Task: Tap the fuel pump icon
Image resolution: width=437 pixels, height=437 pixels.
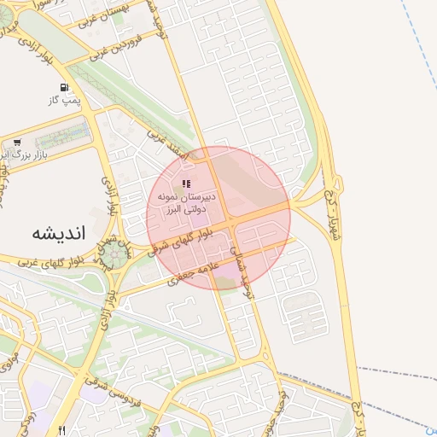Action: pyautogui.click(x=65, y=88)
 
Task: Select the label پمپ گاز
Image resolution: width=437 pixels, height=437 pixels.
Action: pyautogui.click(x=65, y=101)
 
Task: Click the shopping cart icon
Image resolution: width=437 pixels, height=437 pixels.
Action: pyautogui.click(x=17, y=143)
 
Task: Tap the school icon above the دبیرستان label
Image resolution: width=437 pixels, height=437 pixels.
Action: pyautogui.click(x=186, y=184)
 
